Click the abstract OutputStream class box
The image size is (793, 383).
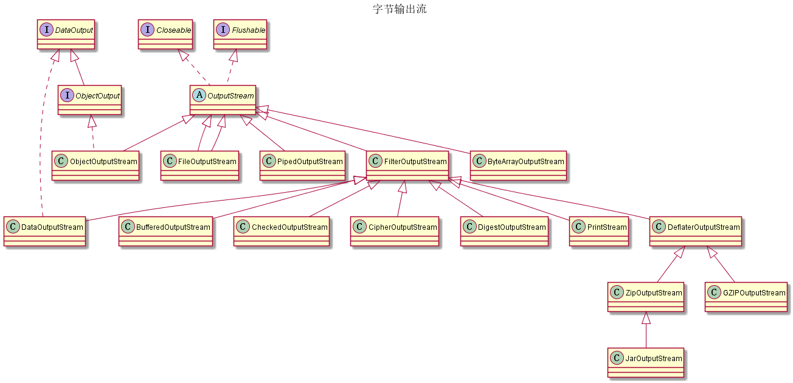coord(222,100)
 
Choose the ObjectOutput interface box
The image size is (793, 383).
coord(89,100)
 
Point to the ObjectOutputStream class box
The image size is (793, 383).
coord(95,166)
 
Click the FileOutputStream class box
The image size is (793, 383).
coord(199,166)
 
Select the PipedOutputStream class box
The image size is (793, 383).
coord(302,166)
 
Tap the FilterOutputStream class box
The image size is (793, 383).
coord(408,166)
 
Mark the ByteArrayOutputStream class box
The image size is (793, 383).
coord(518,166)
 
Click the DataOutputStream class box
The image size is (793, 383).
coord(44,232)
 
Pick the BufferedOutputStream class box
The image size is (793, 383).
coord(165,232)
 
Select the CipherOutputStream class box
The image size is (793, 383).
coord(395,232)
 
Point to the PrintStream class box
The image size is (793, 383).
coord(599,232)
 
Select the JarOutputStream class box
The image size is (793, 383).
coord(646,363)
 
